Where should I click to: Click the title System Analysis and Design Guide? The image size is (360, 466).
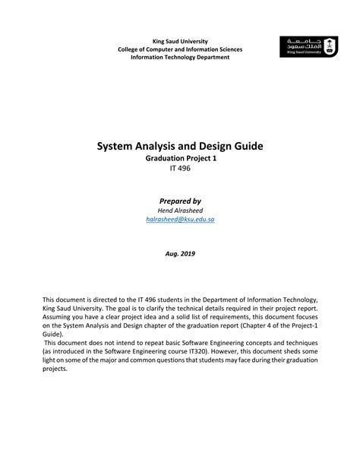coord(180,145)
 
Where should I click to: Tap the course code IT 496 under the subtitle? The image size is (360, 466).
coord(180,168)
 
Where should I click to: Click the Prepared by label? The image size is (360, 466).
coord(180,199)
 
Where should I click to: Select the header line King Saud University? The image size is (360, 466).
coord(180,40)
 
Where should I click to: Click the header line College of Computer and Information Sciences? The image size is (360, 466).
coord(180,49)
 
